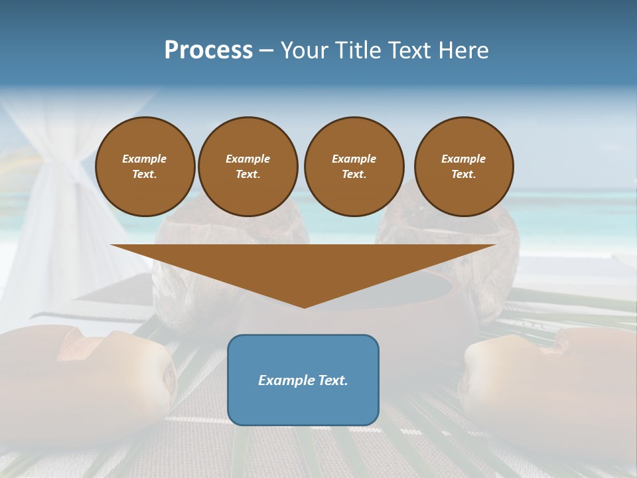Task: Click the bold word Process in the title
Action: point(208,50)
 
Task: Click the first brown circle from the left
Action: point(145,167)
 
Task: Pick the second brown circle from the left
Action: point(248,167)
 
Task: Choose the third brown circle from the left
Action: point(354,167)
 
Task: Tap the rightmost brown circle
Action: point(463,167)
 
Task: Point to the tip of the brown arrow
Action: point(304,306)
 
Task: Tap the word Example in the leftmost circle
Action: point(145,159)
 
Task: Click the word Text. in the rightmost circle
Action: point(463,175)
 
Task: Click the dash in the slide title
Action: point(267,50)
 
